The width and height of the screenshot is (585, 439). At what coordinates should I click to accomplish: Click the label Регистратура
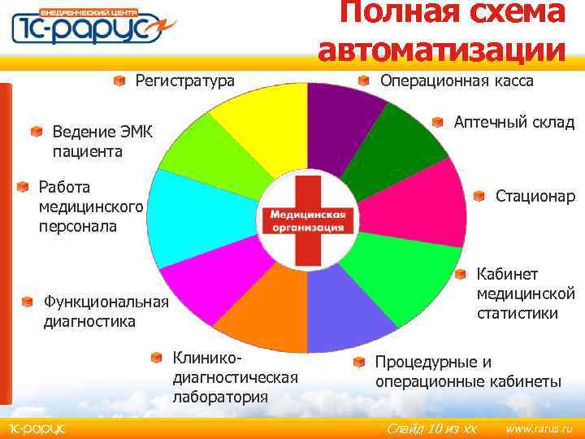[184, 80]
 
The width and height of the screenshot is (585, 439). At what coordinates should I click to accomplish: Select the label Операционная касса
[457, 80]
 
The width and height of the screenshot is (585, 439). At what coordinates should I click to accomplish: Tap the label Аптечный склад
[513, 123]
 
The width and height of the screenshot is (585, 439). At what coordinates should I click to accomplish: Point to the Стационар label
[535, 196]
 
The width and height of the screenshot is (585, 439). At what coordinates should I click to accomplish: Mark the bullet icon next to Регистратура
[119, 80]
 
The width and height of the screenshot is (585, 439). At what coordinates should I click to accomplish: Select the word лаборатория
[220, 397]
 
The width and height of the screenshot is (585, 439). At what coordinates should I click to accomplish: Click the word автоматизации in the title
[442, 48]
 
